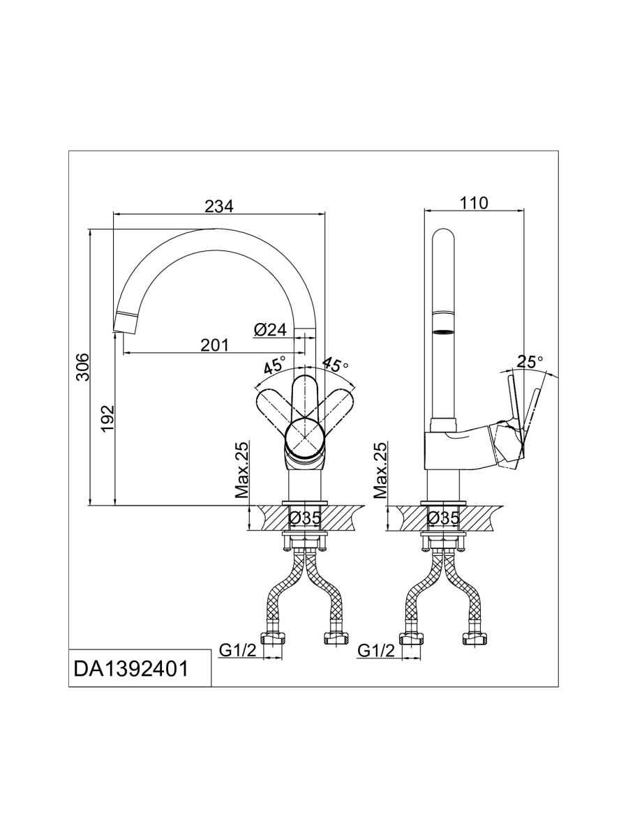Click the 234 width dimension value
pyautogui.click(x=218, y=206)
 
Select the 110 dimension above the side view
pyautogui.click(x=474, y=203)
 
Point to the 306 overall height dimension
pyautogui.click(x=82, y=366)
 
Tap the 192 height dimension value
pyautogui.click(x=107, y=418)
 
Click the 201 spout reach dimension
pyautogui.click(x=215, y=345)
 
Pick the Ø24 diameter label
pyautogui.click(x=271, y=330)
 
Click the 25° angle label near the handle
pyautogui.click(x=530, y=361)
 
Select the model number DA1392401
pyautogui.click(x=130, y=669)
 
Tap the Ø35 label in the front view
pyautogui.click(x=304, y=518)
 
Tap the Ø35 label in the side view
pyautogui.click(x=443, y=518)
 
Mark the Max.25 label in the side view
pyautogui.click(x=380, y=470)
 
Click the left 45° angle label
pyautogui.click(x=274, y=365)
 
